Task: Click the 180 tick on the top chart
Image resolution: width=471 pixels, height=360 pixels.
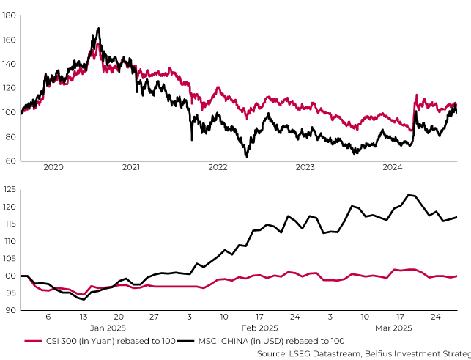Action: tap(8, 15)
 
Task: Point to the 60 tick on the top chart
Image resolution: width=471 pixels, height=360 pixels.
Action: tap(10, 161)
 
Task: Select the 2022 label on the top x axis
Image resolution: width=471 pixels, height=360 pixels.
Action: tap(218, 168)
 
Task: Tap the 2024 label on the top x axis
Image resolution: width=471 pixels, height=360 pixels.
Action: tap(392, 168)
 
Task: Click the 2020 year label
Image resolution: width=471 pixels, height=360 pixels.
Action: tap(53, 168)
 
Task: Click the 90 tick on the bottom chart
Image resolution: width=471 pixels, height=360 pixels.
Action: tap(10, 310)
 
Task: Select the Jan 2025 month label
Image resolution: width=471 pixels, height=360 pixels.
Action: tap(108, 327)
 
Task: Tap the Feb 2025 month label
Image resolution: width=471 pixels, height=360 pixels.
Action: tap(260, 327)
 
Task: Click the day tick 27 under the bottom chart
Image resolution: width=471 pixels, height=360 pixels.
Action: tap(154, 317)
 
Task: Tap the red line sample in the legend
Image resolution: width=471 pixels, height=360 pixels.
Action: tap(33, 341)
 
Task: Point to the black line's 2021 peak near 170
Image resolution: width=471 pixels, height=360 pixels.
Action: tap(98, 29)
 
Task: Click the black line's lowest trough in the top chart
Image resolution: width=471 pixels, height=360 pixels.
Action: tap(247, 155)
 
